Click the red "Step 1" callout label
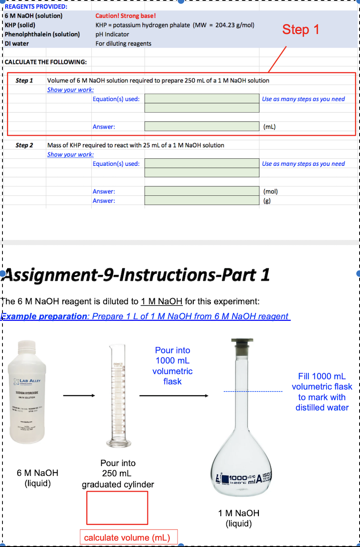[x=300, y=30]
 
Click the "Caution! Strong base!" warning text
[x=125, y=16]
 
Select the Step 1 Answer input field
[x=202, y=126]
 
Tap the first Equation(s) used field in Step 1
[x=202, y=99]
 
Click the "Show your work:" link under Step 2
[x=70, y=155]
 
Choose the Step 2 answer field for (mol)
[x=202, y=191]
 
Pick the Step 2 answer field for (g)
[x=202, y=201]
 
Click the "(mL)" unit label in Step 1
[x=269, y=127]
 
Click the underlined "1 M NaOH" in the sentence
[x=162, y=301]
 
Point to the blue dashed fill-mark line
[x=253, y=391]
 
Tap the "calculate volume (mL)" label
[x=127, y=538]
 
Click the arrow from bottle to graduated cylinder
[x=79, y=396]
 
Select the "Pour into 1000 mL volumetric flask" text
[x=172, y=366]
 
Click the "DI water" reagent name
[x=17, y=44]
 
